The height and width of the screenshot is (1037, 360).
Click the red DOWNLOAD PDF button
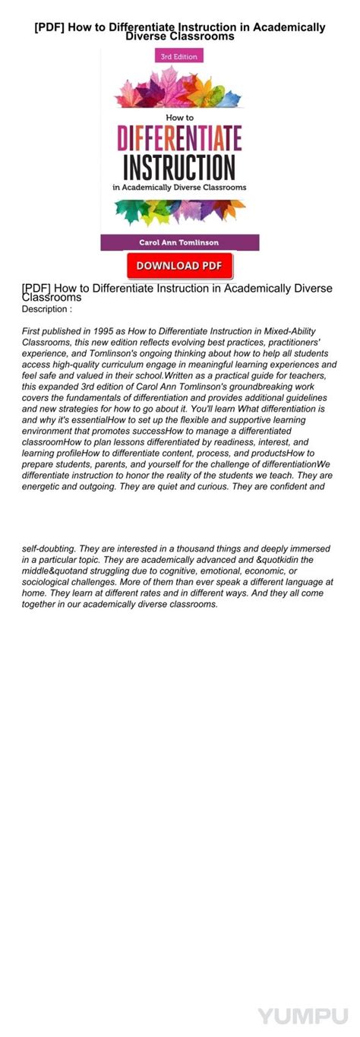tap(180, 265)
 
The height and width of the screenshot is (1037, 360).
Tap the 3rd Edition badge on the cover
tap(176, 56)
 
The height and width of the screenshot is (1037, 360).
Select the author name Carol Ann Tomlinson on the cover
tap(180, 242)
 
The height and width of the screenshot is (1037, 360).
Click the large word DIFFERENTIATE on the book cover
tap(180, 139)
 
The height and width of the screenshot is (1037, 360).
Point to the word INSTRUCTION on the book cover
tap(180, 166)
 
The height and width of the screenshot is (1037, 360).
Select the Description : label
tap(47, 309)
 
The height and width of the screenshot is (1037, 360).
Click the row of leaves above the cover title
tap(180, 90)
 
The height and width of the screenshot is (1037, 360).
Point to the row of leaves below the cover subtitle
tap(180, 210)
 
